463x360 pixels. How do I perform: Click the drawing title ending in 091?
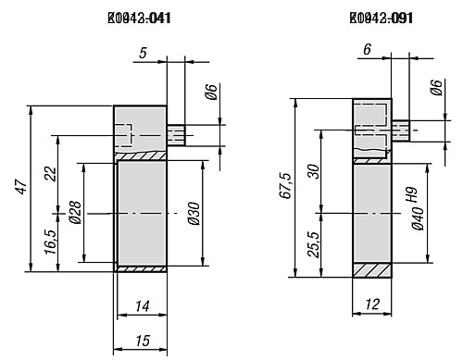(380, 18)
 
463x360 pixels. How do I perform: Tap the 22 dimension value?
(50, 173)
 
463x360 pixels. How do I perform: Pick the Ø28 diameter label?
(73, 215)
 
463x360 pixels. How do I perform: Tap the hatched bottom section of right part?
(374, 270)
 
